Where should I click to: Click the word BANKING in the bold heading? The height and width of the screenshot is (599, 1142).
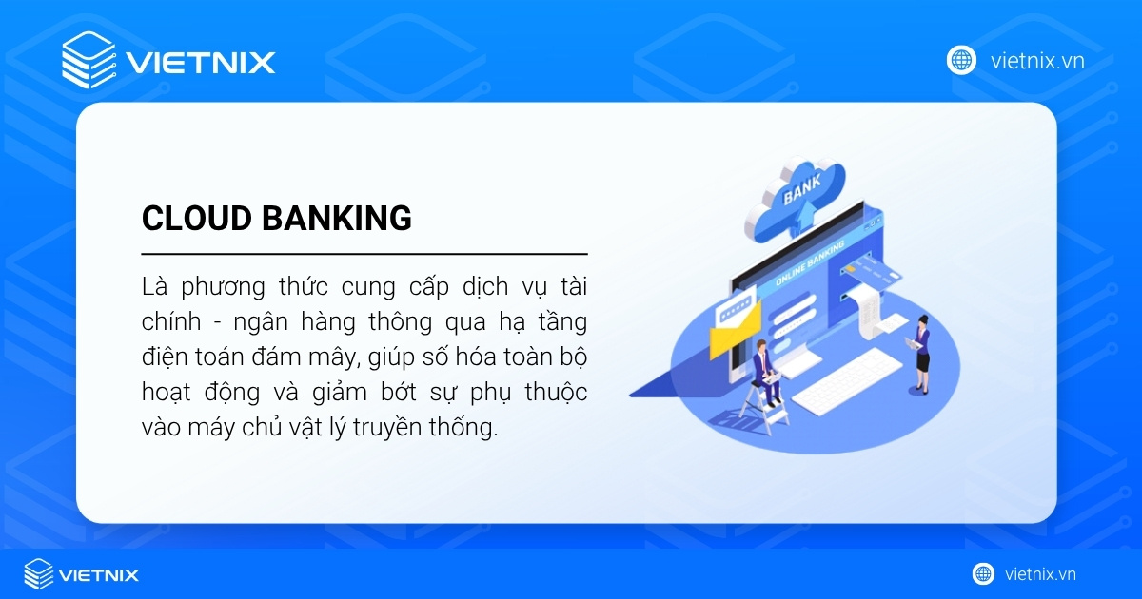point(337,219)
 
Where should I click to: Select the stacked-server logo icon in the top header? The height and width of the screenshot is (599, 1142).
point(88,61)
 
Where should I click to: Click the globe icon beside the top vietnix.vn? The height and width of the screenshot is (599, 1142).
point(961,61)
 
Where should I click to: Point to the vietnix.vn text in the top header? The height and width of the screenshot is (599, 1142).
point(1037,61)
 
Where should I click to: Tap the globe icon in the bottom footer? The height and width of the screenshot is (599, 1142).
point(983,573)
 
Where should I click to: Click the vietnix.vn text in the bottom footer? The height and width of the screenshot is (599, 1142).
point(1040,574)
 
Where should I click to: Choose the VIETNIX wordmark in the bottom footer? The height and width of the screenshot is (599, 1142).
point(99,574)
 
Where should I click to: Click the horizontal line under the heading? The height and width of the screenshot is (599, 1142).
point(364,254)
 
